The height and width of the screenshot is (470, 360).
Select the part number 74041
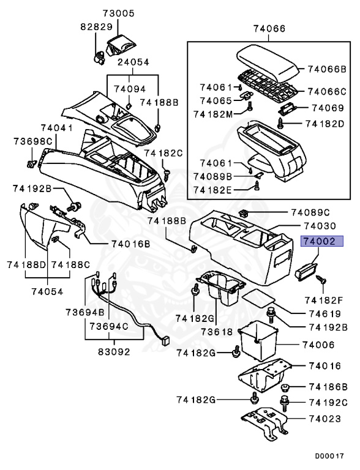click(57, 128)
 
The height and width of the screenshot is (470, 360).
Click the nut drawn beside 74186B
click(285, 387)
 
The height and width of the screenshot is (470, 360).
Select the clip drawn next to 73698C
click(32, 163)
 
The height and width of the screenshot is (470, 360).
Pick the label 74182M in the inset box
click(212, 114)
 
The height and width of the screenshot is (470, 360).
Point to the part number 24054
click(133, 62)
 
